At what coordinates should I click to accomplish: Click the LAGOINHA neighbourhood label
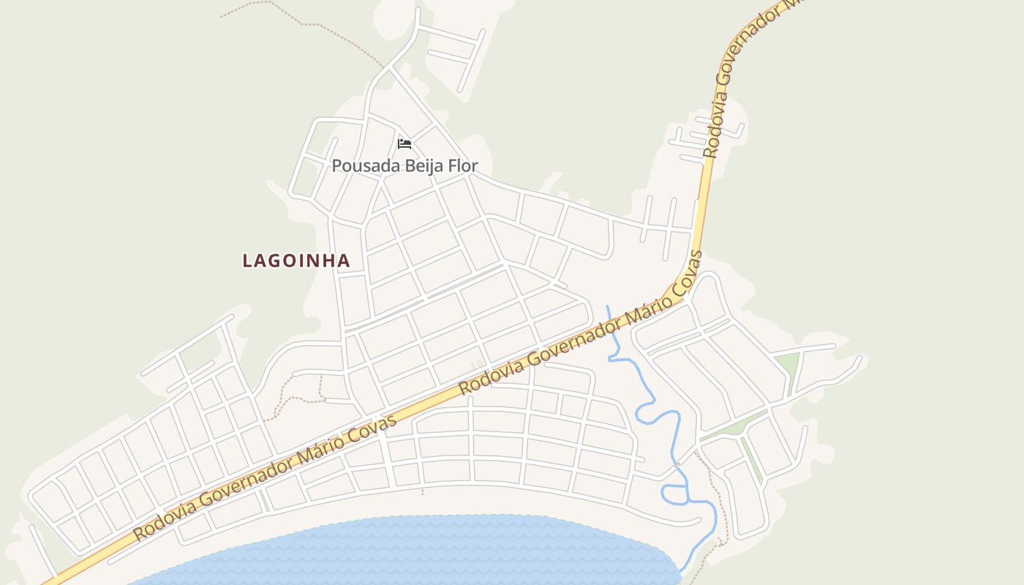coord(296,260)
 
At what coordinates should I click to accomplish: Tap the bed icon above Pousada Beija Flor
coord(404,143)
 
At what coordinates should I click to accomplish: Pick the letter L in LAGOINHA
coord(247,260)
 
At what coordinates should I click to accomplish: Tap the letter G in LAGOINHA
coord(277,260)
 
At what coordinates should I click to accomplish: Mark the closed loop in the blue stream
coord(675,494)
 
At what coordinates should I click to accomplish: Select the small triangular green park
coord(788,363)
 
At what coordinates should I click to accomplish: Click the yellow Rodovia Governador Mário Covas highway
coord(439,403)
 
